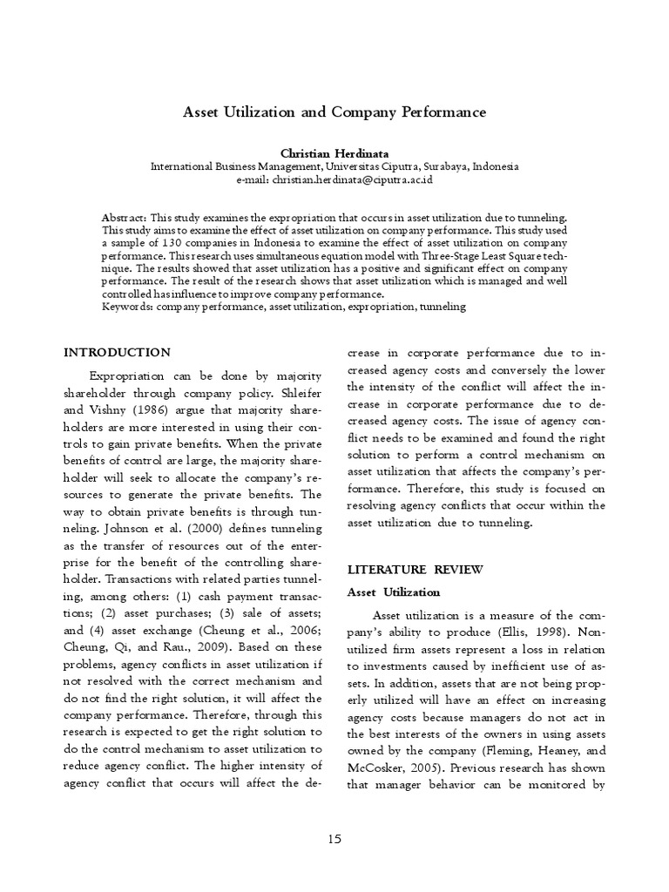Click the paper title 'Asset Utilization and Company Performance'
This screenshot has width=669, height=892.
(334, 112)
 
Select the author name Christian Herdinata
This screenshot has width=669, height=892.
(334, 153)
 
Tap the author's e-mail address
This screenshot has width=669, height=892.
(352, 179)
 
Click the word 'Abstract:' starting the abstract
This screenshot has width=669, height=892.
(125, 217)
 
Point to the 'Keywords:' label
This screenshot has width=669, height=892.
(127, 307)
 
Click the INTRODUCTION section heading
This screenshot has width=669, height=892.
(118, 353)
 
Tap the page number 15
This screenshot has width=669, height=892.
(334, 839)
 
